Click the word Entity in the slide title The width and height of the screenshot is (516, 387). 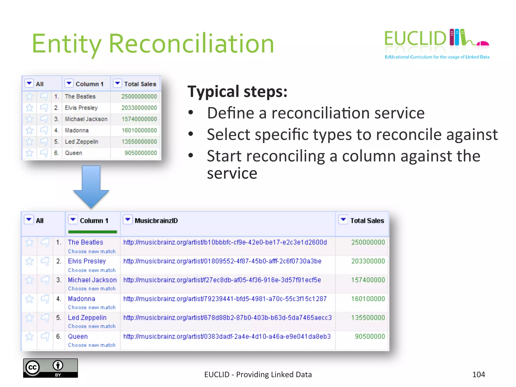[67, 44]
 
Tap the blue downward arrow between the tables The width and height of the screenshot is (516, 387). [91, 186]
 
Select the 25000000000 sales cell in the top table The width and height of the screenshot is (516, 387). [139, 96]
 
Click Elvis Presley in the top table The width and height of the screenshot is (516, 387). [81, 108]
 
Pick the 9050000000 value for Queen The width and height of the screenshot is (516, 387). [141, 153]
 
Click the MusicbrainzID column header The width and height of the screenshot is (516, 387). [156, 221]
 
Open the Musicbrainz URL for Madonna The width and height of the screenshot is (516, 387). [225, 299]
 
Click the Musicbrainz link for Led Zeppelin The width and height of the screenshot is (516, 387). [227, 318]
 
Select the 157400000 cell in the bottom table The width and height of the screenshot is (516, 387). [368, 280]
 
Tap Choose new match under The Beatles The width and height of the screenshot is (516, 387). [92, 251]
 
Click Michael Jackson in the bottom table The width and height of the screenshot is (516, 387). [92, 280]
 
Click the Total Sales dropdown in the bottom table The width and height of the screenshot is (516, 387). [343, 220]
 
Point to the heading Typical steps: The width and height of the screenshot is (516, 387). [237, 91]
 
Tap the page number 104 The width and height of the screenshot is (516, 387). [478, 375]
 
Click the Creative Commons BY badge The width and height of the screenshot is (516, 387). [50, 368]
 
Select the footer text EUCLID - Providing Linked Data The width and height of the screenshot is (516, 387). [258, 375]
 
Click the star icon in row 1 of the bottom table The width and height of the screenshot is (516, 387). [29, 242]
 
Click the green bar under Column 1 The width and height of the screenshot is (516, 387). [92, 232]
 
